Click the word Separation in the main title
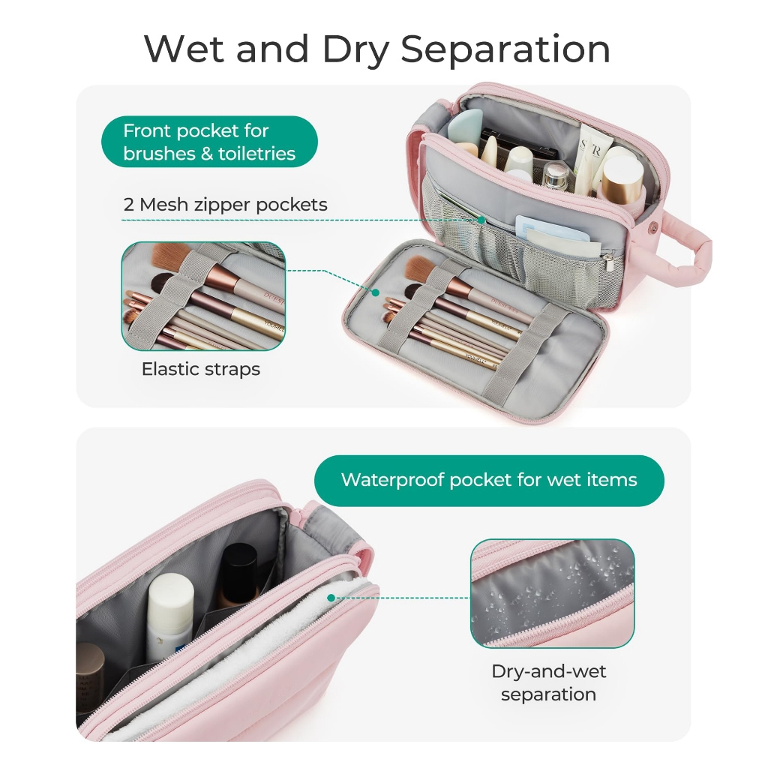[x=505, y=49]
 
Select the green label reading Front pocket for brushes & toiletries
[x=209, y=142]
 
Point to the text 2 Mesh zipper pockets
[x=225, y=204]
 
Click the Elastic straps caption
[x=201, y=369]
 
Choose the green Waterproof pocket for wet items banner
[x=489, y=480]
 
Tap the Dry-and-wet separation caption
[x=548, y=682]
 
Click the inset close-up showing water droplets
[x=552, y=592]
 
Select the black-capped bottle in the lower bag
[x=238, y=576]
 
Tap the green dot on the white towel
[x=331, y=598]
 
